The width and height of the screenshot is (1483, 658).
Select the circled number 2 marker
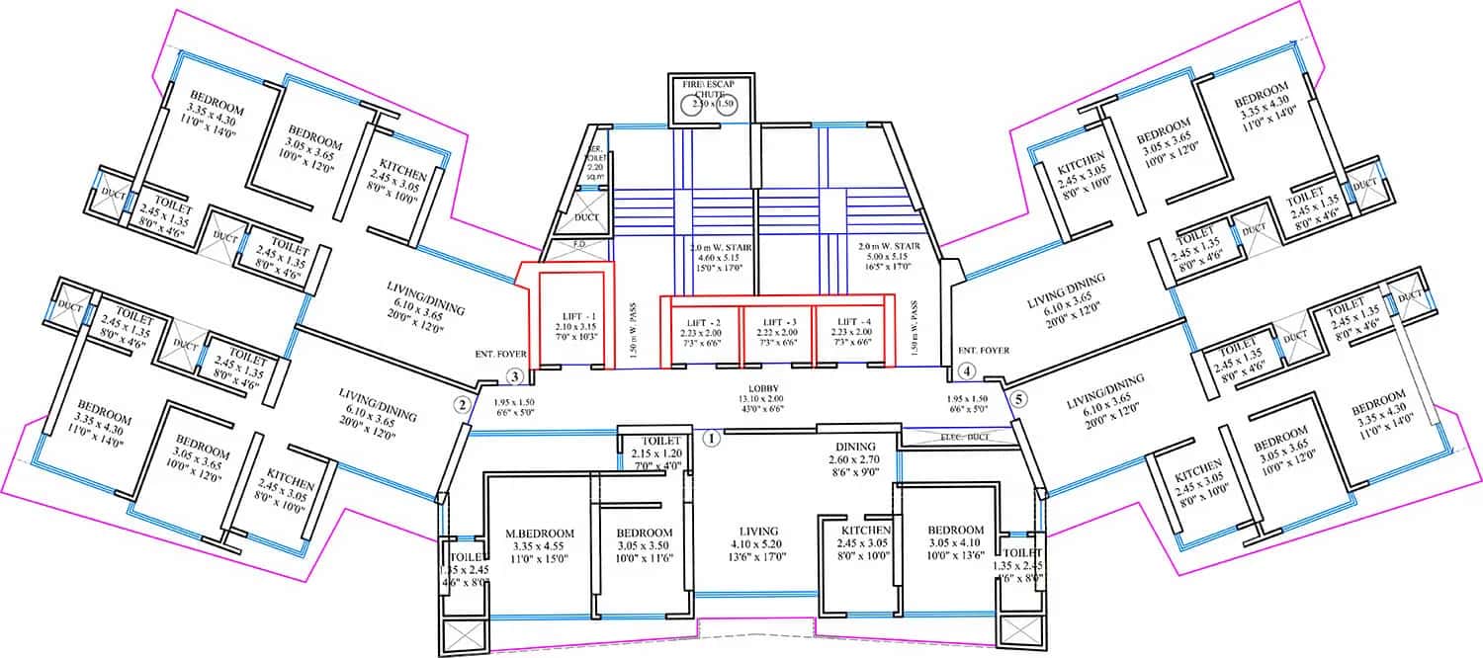tap(461, 403)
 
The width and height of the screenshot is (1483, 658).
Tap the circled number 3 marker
tap(513, 376)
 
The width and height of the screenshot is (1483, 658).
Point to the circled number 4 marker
tap(967, 372)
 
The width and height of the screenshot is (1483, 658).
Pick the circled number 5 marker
tap(1020, 399)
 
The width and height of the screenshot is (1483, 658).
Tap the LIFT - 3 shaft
tap(777, 331)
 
